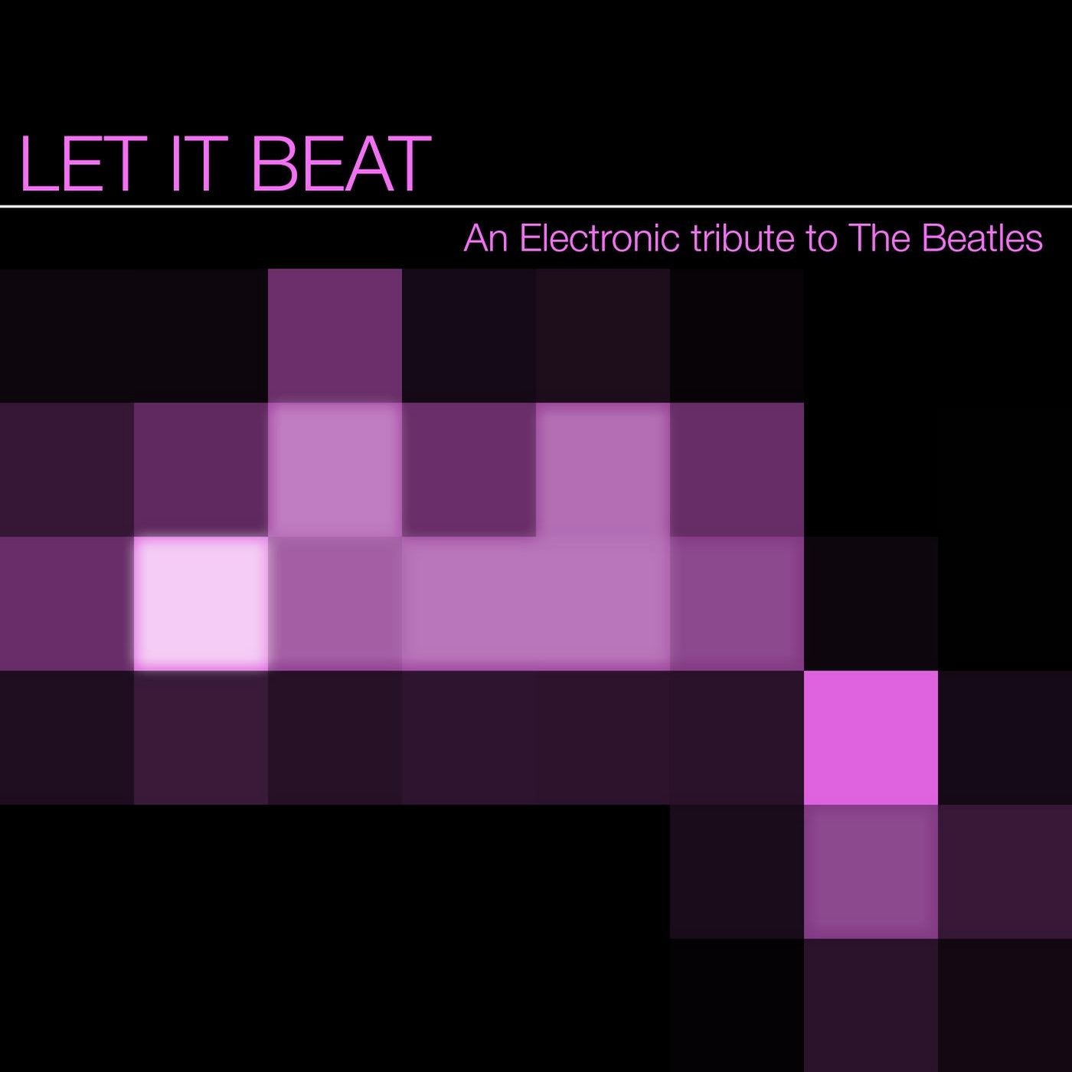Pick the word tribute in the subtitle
click(x=744, y=238)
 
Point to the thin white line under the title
click(x=536, y=207)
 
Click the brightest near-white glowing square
click(x=201, y=603)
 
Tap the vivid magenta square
click(x=871, y=737)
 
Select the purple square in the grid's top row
click(x=335, y=335)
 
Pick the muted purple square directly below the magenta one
click(x=871, y=871)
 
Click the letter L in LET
click(x=40, y=164)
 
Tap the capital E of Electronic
click(x=531, y=238)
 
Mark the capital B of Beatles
click(x=933, y=238)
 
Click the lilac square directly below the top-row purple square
click(x=335, y=469)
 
